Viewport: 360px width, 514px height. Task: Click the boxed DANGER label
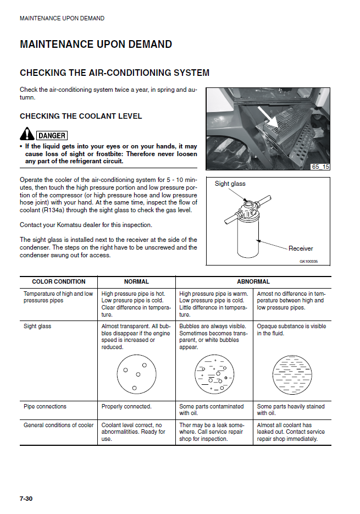(52, 135)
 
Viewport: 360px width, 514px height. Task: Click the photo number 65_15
(320, 166)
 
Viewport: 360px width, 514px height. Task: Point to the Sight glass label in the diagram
(230, 184)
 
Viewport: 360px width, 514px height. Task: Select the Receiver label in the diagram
(301, 248)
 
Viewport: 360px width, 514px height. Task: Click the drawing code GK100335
(309, 262)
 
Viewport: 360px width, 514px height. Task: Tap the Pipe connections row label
(45, 407)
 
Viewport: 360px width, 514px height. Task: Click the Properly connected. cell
(126, 407)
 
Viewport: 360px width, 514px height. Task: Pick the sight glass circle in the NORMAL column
(136, 374)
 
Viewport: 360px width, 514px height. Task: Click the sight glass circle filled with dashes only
(292, 374)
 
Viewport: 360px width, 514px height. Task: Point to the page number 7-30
(26, 499)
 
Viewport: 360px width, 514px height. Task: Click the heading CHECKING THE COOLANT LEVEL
(81, 116)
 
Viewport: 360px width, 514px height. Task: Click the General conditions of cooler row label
(59, 425)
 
